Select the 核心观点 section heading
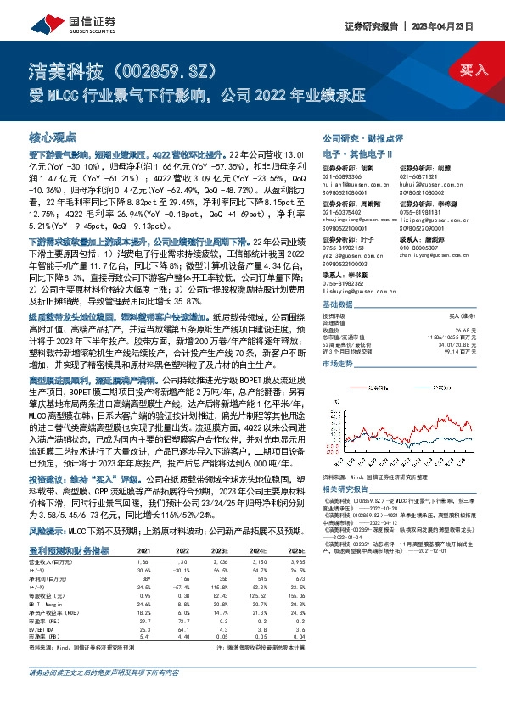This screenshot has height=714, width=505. (53, 137)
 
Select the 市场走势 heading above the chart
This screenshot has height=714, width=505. (338, 362)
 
